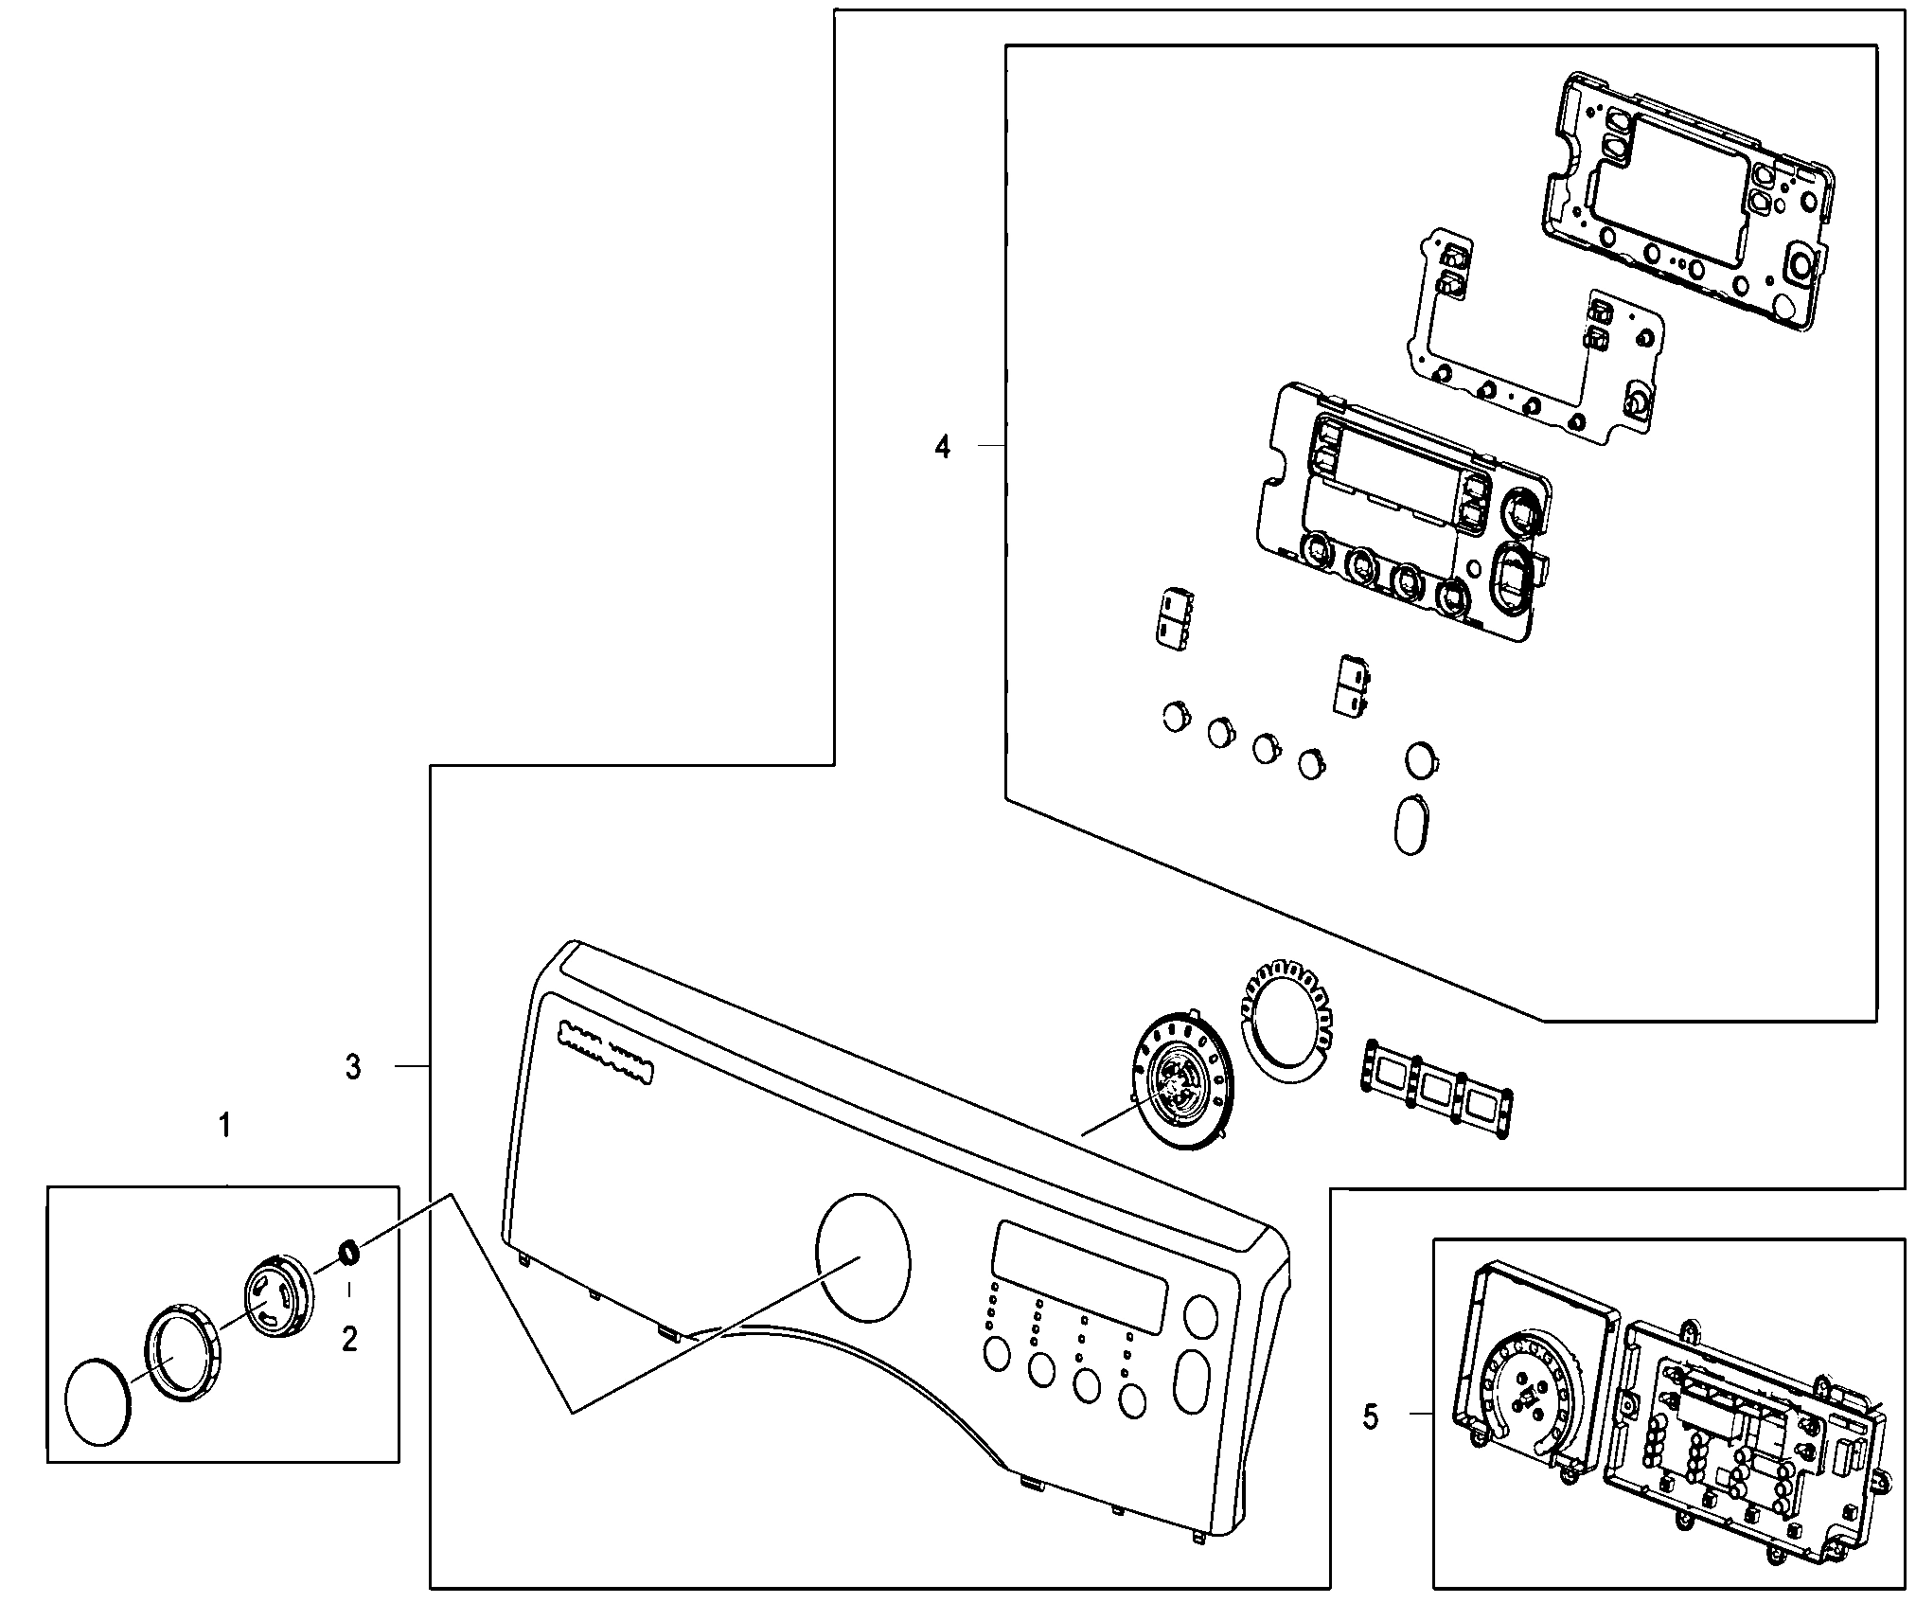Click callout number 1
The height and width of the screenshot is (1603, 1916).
coord(224,1126)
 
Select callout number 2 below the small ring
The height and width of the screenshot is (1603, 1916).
coord(349,1339)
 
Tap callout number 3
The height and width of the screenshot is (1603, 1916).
coord(353,1067)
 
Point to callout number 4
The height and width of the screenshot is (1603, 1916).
coord(942,446)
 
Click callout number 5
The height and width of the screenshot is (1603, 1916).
coord(1371,1443)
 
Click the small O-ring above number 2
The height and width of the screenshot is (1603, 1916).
coord(348,1252)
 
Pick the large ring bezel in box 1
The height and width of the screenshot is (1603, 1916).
coord(182,1351)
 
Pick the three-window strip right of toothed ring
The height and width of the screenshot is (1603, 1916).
coord(1437,1087)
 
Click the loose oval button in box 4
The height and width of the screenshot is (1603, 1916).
coord(1410,826)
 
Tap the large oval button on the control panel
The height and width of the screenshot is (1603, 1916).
coord(1190,1381)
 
